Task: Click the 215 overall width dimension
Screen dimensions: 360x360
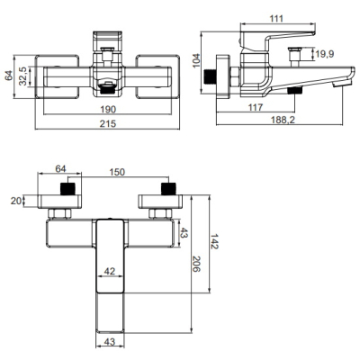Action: (x=108, y=123)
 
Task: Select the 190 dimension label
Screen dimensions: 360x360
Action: (x=108, y=109)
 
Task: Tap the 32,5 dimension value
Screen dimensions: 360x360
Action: (x=23, y=76)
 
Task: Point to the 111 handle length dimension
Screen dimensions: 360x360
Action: (x=276, y=19)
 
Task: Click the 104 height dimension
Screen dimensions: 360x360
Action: (x=196, y=61)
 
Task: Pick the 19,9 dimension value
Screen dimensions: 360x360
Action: (x=325, y=54)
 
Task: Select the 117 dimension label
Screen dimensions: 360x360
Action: (x=255, y=107)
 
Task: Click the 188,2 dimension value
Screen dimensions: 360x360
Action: (x=283, y=120)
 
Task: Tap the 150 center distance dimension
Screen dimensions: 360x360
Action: (x=117, y=172)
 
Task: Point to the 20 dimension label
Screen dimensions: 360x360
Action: (x=16, y=201)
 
